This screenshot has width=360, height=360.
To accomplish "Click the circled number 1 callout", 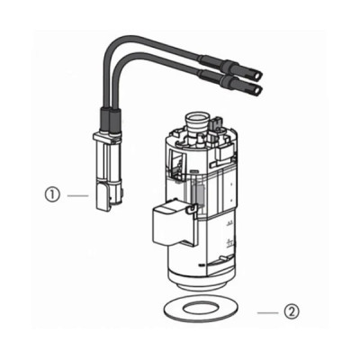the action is (x=53, y=195).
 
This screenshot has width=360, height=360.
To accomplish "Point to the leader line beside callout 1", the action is (x=78, y=195).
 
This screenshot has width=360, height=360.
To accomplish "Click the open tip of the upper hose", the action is (x=258, y=74).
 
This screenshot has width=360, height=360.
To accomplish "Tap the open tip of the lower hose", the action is (x=258, y=88).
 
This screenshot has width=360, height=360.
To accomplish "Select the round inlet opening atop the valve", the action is (x=197, y=116).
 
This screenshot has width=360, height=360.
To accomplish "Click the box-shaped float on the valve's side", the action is (x=172, y=222).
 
